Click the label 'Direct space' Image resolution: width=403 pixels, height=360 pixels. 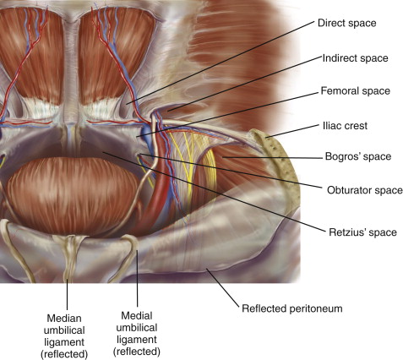[347, 23]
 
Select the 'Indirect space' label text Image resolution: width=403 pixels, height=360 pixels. [355, 58]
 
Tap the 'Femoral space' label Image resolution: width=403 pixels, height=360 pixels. [356, 91]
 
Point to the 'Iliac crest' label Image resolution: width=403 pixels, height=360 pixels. [345, 126]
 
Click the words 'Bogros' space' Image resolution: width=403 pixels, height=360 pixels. [358, 156]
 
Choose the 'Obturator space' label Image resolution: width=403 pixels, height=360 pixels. [365, 190]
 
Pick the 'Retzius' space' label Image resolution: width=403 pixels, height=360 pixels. [363, 232]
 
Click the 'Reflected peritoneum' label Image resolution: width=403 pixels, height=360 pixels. [292, 308]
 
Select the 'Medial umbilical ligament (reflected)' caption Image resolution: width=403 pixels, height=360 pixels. [137, 334]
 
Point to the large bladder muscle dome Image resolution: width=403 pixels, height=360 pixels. [73, 194]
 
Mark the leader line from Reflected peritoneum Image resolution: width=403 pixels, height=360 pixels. [223, 287]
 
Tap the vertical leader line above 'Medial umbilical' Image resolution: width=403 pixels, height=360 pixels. [137, 278]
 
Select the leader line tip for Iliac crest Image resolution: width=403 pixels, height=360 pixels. [266, 138]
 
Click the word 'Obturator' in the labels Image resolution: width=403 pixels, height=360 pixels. [346, 190]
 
